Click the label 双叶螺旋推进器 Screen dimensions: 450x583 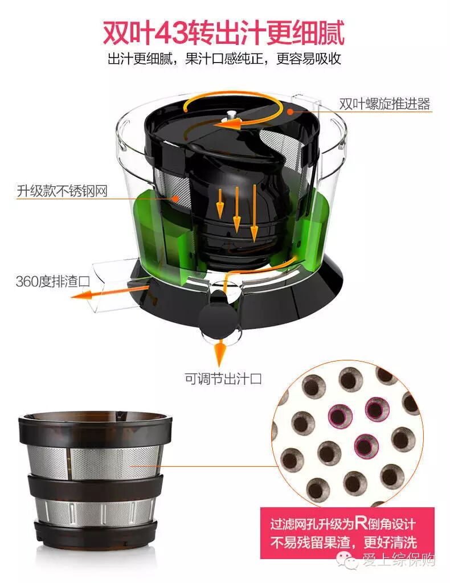click(x=384, y=104)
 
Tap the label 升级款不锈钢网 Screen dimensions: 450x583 click(x=62, y=191)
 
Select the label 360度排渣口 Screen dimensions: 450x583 click(x=53, y=281)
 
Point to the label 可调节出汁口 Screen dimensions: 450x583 click(x=223, y=379)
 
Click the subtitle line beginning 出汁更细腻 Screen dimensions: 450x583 click(x=224, y=59)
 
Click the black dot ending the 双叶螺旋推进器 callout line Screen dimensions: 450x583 click(x=291, y=111)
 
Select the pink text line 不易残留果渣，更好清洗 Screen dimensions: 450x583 click(x=343, y=542)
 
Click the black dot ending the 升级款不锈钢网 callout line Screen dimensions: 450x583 click(x=176, y=199)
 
